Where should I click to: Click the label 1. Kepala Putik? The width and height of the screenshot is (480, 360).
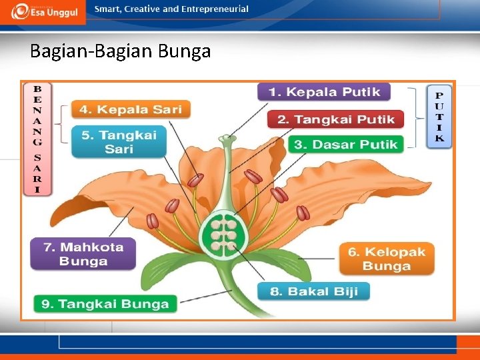tap(324, 92)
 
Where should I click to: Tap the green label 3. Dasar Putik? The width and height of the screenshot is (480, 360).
tap(345, 144)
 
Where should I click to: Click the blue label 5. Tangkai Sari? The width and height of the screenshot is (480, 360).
tap(119, 142)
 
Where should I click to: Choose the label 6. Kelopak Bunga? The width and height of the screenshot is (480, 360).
tap(387, 259)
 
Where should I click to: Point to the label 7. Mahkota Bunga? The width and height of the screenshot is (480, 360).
tap(83, 254)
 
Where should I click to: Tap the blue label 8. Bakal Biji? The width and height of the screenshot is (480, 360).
tap(313, 291)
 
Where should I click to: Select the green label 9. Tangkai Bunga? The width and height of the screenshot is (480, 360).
tap(105, 304)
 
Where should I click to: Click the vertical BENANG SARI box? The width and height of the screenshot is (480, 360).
tap(38, 139)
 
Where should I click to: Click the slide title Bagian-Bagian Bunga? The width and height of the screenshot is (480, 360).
tap(121, 51)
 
